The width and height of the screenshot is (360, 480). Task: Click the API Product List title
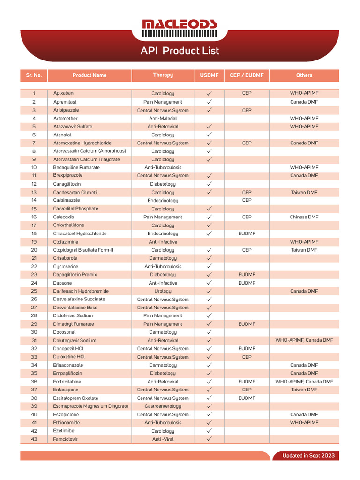[180, 51]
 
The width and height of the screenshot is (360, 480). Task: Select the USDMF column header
[210, 75]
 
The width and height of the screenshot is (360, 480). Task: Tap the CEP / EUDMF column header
[247, 75]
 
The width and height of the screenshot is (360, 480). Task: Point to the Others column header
[304, 75]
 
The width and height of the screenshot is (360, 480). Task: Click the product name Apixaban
[63, 93]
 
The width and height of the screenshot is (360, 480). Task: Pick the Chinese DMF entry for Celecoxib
[304, 217]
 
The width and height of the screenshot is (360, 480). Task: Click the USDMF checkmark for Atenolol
[210, 135]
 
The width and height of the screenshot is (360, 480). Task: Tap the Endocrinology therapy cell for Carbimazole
[163, 201]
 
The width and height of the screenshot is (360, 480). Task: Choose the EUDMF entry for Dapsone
[247, 283]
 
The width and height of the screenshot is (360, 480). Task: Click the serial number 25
[34, 291]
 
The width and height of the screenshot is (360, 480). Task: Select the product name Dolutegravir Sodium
[75, 340]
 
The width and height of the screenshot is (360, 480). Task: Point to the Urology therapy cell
[163, 291]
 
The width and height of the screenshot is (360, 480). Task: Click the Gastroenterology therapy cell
[163, 406]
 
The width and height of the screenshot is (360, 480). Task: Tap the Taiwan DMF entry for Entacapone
[304, 390]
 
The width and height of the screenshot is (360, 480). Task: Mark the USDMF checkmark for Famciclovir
[210, 439]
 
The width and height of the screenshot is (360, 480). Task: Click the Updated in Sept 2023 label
[308, 456]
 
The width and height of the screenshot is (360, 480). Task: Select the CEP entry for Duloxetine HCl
[247, 357]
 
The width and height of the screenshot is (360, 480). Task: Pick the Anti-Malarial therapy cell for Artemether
[163, 119]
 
